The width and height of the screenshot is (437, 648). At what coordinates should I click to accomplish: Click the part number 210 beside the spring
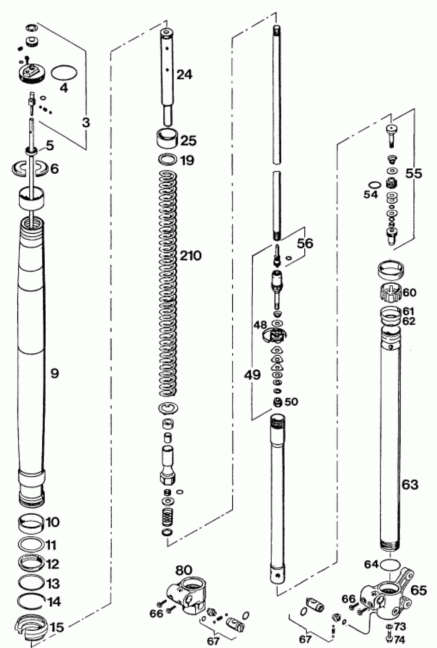click(190, 256)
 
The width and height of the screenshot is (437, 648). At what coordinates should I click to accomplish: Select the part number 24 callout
click(185, 75)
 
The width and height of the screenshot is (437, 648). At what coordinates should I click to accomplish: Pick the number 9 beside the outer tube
click(54, 373)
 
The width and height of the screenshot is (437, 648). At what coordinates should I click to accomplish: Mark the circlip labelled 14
click(31, 602)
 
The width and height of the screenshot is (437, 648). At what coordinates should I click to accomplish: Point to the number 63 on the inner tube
click(410, 485)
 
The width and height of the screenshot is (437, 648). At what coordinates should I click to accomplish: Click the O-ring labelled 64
click(390, 565)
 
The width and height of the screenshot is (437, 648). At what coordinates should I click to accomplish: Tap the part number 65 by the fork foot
click(418, 590)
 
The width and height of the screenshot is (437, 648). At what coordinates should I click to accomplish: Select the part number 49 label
click(252, 375)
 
